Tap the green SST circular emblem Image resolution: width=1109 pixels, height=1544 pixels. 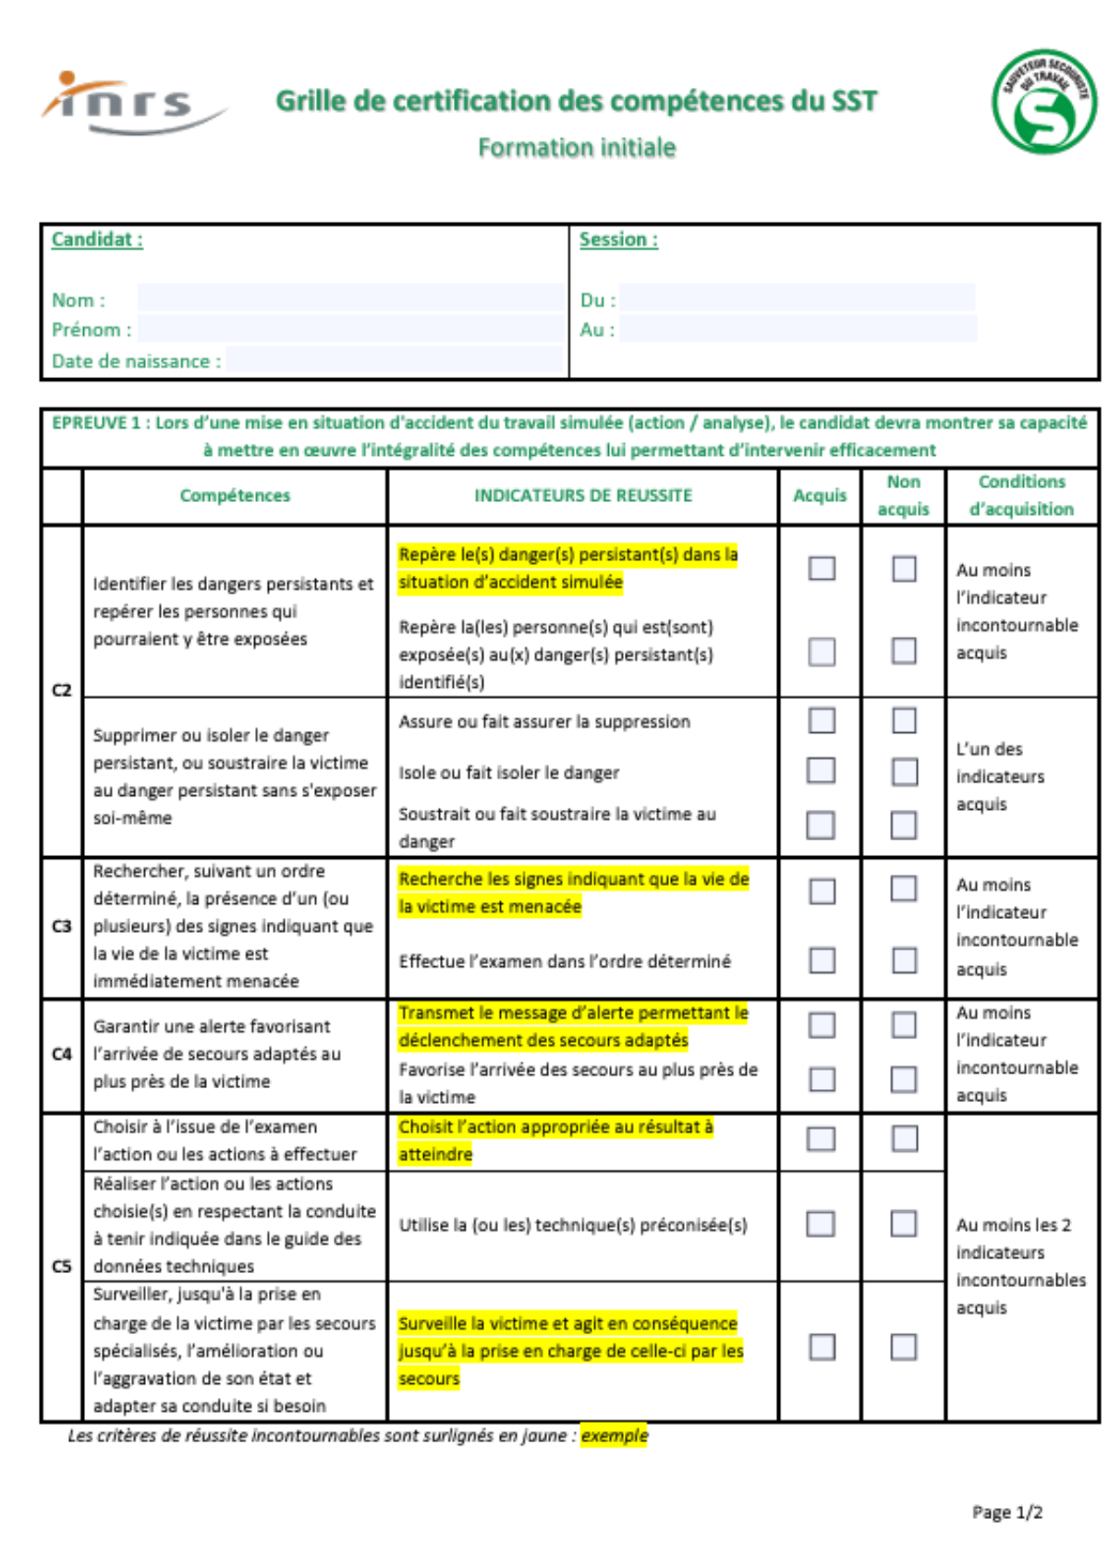(1044, 102)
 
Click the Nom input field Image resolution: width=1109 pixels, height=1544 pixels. (350, 298)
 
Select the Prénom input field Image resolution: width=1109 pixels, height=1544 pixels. (350, 328)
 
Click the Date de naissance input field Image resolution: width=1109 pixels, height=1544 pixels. (394, 360)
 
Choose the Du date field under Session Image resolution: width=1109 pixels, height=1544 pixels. (797, 298)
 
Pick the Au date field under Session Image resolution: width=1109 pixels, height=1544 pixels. (797, 328)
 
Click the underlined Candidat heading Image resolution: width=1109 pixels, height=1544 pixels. (97, 239)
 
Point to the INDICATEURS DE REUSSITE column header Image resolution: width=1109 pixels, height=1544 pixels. (583, 496)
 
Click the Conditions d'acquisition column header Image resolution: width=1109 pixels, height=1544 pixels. (1021, 496)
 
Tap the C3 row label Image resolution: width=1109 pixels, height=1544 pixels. (62, 926)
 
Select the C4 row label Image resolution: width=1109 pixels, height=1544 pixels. (62, 1054)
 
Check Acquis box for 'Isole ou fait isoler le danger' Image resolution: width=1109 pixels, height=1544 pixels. (822, 770)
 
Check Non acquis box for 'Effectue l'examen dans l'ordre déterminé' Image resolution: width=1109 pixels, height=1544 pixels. (904, 961)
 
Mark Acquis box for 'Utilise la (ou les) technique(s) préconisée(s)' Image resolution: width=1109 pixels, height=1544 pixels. (821, 1224)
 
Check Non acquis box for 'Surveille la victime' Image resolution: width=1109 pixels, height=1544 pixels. (904, 1347)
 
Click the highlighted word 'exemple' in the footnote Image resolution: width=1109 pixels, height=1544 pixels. (615, 1436)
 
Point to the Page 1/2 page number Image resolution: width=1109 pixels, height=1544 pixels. (1007, 1513)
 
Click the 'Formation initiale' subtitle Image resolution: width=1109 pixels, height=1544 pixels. (577, 148)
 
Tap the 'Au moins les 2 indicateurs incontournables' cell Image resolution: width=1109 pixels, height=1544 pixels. (1020, 1266)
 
